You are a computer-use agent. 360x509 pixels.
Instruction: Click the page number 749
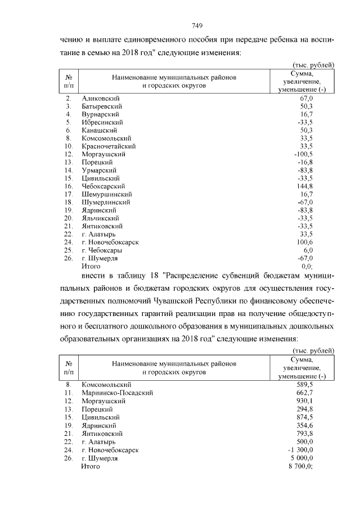(197, 26)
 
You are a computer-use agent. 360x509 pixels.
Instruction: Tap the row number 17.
(69, 194)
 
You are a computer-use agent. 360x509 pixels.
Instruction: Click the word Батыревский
(102, 106)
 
